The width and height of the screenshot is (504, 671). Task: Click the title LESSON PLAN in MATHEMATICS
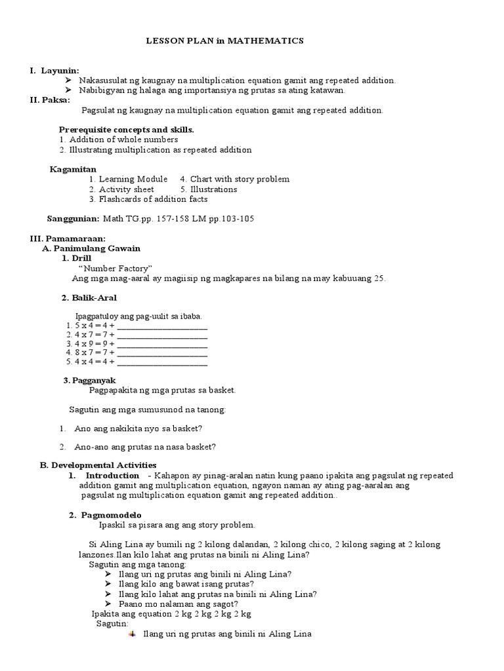(x=224, y=41)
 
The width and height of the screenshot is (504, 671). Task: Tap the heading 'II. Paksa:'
(x=51, y=100)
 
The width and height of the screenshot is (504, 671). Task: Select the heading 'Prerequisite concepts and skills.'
(x=126, y=130)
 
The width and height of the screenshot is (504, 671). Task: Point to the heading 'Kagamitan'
(x=73, y=169)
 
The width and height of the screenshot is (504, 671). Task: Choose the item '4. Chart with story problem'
(x=234, y=179)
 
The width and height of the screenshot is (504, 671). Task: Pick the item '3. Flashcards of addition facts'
(x=148, y=199)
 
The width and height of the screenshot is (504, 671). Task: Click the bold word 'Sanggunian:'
(x=73, y=219)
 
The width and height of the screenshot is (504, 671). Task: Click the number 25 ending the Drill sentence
(x=379, y=278)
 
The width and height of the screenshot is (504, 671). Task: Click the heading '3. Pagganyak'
(x=89, y=380)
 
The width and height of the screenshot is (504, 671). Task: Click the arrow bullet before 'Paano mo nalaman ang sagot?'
(x=108, y=604)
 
